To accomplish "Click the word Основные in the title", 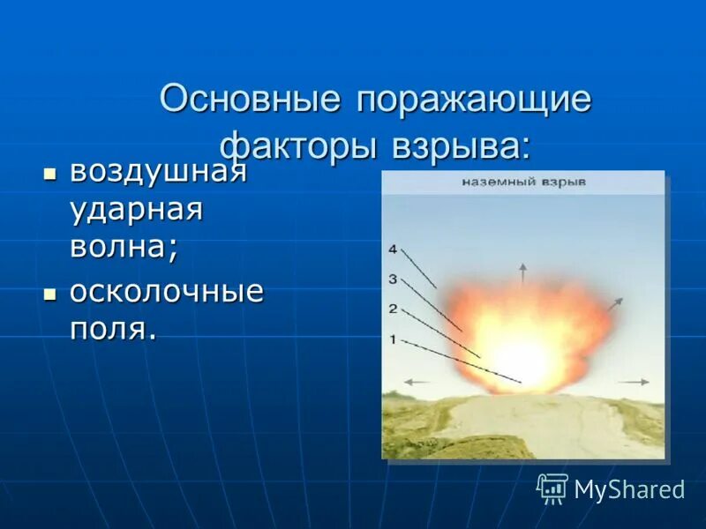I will [250, 99].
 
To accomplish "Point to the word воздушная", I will [158, 171].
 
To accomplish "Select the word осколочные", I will [167, 292].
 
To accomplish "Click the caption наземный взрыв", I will [524, 183].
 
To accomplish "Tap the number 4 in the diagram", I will [393, 250].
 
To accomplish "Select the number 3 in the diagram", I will [393, 279].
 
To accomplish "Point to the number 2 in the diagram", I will [393, 309].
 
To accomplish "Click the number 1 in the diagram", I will [393, 339].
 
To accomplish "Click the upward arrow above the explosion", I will [522, 272].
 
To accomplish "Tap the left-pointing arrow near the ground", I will [418, 382].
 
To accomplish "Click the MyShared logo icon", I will [552, 488].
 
